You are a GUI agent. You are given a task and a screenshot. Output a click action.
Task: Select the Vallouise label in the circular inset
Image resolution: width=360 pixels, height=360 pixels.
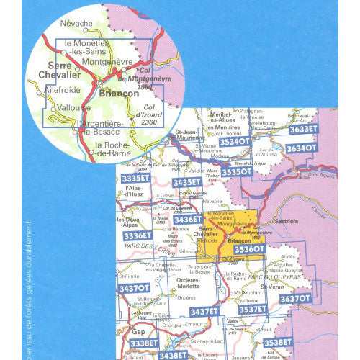76,107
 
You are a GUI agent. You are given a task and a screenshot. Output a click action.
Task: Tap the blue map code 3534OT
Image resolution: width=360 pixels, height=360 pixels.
235,142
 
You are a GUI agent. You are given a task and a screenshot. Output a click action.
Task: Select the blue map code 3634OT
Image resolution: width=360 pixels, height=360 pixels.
302,148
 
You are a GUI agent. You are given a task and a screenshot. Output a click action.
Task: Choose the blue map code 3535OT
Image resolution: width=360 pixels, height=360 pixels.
236,172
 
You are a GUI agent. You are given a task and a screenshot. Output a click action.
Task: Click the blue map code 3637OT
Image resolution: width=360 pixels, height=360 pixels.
294,297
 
